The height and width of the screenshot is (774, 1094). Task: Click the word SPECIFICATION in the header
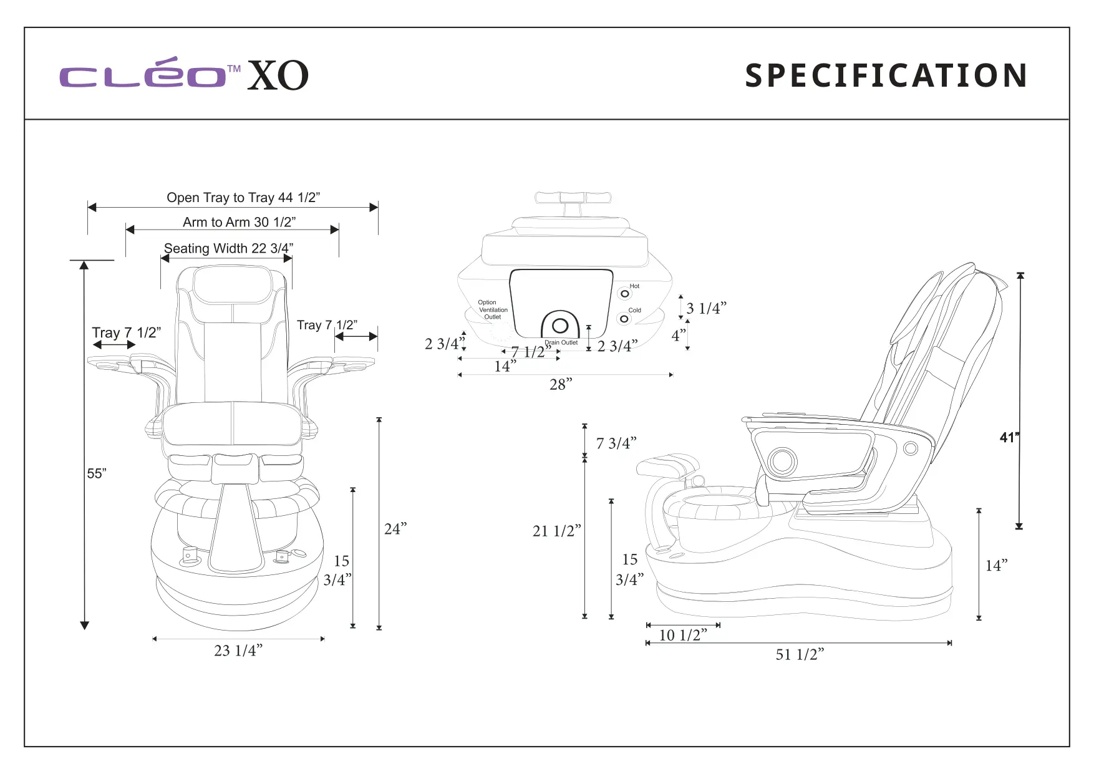[x=886, y=75]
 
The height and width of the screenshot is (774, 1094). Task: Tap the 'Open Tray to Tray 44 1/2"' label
[x=243, y=198]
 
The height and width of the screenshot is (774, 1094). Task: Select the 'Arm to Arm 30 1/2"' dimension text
[x=239, y=222]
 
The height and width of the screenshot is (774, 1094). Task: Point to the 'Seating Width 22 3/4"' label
[x=228, y=248]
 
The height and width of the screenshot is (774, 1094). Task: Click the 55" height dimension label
[x=97, y=473]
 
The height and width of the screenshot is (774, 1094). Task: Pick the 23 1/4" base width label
[x=238, y=651]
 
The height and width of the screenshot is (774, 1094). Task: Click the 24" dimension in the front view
[x=395, y=529]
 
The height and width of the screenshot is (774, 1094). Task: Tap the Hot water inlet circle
[x=625, y=294]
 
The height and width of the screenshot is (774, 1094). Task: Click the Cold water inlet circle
[x=624, y=319]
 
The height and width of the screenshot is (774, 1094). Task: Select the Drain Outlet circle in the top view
[x=560, y=326]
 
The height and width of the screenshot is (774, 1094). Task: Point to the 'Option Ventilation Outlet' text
[x=492, y=309]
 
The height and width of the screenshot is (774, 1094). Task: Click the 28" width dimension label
[x=560, y=385]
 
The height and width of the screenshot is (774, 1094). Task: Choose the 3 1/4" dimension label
[x=706, y=308]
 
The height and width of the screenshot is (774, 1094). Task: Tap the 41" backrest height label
[x=1009, y=437]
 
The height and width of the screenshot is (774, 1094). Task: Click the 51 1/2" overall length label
[x=800, y=654]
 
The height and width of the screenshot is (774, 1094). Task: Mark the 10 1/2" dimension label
[x=683, y=635]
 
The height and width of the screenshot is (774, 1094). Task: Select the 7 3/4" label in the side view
[x=616, y=443]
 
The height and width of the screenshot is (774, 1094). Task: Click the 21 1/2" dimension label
[x=556, y=531]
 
